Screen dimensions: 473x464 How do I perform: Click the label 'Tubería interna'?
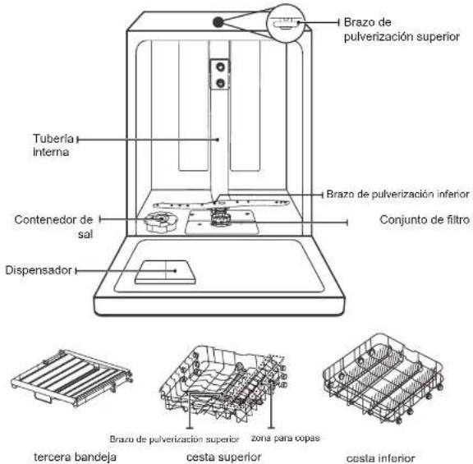(x=53, y=145)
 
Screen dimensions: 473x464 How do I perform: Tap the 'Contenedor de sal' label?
(x=53, y=227)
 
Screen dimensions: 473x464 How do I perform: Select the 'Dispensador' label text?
(x=39, y=270)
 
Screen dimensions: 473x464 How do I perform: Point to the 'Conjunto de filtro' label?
(x=425, y=219)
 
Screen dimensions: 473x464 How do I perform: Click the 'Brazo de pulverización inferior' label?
(x=397, y=194)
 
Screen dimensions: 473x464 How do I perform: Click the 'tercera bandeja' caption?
(x=75, y=457)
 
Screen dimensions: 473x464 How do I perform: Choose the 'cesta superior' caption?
(x=224, y=457)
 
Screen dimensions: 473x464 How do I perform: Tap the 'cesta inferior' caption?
(x=381, y=458)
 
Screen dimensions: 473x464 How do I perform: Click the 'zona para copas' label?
(x=286, y=438)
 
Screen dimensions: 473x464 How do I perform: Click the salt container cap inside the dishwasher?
(x=160, y=222)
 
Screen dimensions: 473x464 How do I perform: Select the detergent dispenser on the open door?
(x=165, y=272)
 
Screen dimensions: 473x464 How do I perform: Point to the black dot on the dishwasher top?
(x=218, y=21)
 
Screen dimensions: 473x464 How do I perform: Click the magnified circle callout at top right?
(x=286, y=23)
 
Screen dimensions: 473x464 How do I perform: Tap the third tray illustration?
(x=71, y=377)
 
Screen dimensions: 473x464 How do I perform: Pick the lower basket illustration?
(x=383, y=378)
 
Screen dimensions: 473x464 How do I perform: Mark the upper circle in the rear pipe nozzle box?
(x=221, y=67)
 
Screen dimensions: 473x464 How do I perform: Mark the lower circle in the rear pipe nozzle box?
(x=221, y=82)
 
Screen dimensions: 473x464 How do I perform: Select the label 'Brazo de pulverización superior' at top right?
(x=402, y=30)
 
